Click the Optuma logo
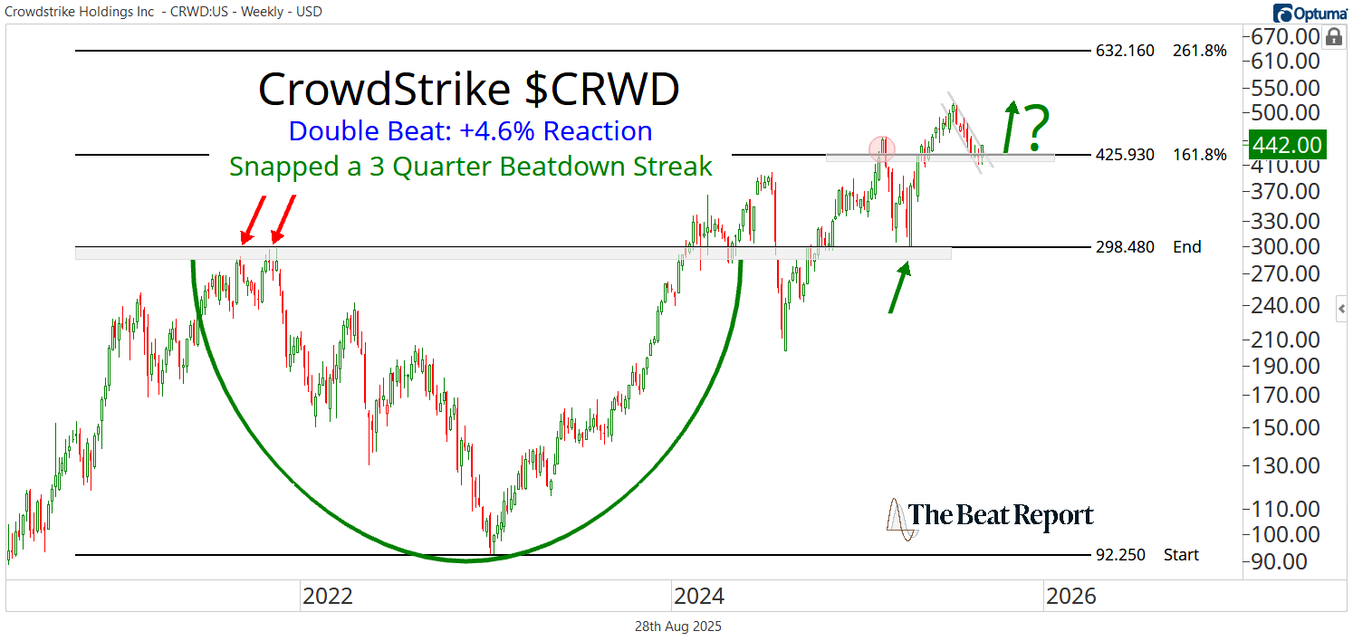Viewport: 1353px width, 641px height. pyautogui.click(x=1309, y=12)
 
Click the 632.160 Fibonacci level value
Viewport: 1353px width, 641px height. pyautogui.click(x=1126, y=51)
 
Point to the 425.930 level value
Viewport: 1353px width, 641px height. pyautogui.click(x=1126, y=155)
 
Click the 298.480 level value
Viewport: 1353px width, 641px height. pyautogui.click(x=1126, y=247)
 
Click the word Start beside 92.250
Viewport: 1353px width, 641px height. pyautogui.click(x=1182, y=555)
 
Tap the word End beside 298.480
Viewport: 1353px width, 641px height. pyautogui.click(x=1186, y=247)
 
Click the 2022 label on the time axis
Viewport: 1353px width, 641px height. pyautogui.click(x=327, y=597)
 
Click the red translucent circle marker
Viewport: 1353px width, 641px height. pyautogui.click(x=882, y=148)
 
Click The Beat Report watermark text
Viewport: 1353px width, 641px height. pyautogui.click(x=1002, y=516)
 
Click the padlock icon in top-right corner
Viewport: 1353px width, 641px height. pyautogui.click(x=1333, y=37)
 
